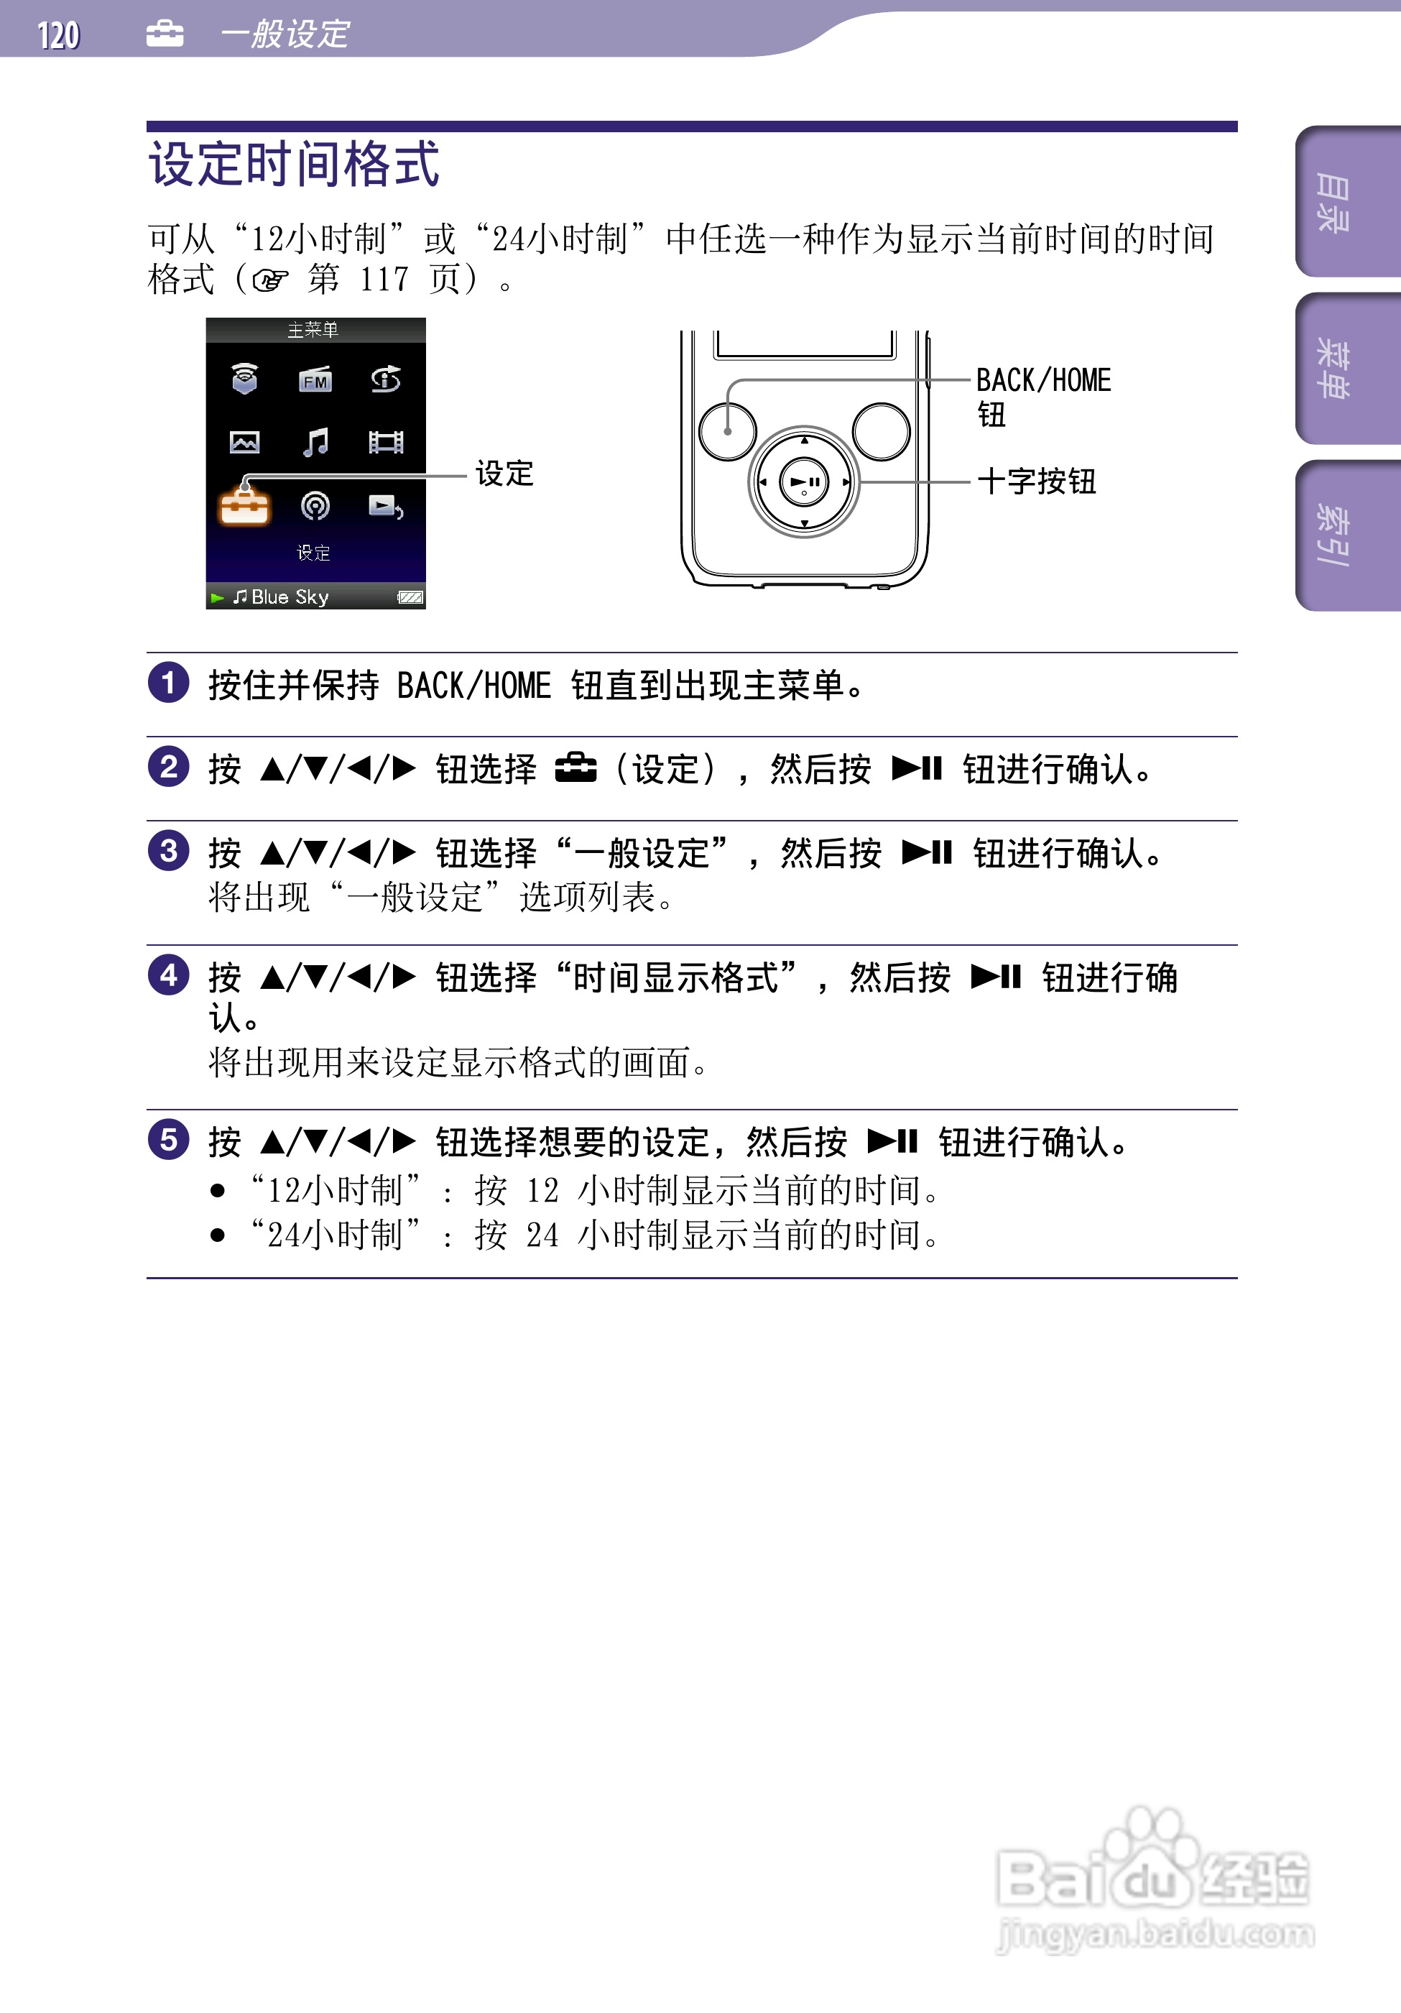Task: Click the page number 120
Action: pos(58,35)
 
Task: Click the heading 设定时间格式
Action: pos(294,164)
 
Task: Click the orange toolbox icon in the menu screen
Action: pos(244,506)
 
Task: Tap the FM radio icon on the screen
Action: pos(315,379)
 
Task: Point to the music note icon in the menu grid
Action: pos(315,442)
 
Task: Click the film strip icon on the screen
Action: pos(386,442)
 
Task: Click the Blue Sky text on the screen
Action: pos(290,597)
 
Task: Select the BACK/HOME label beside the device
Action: pos(1043,380)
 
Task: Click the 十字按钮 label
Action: pos(1036,482)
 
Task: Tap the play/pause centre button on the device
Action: pos(804,482)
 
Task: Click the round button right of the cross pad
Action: pos(881,431)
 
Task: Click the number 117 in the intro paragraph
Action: pos(384,280)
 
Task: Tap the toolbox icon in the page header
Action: pos(165,34)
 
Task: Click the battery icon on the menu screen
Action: pos(410,598)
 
